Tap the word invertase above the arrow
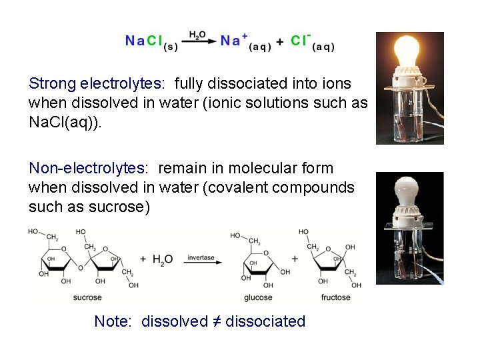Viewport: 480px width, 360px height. pos(201,257)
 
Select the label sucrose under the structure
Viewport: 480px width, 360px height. pos(87,297)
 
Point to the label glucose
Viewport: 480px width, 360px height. pos(259,297)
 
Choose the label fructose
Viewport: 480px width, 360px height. pos(335,297)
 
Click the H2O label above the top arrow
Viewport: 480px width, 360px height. pos(197,35)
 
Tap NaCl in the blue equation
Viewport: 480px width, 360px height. pos(144,41)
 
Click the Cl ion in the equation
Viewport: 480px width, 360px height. pos(300,40)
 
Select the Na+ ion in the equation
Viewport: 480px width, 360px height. pos(234,40)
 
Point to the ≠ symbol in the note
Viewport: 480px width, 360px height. pos(217,321)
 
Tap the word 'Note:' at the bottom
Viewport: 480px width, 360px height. pos(114,321)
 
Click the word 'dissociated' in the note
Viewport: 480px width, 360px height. pos(265,321)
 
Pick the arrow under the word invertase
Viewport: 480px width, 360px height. pos(201,263)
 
